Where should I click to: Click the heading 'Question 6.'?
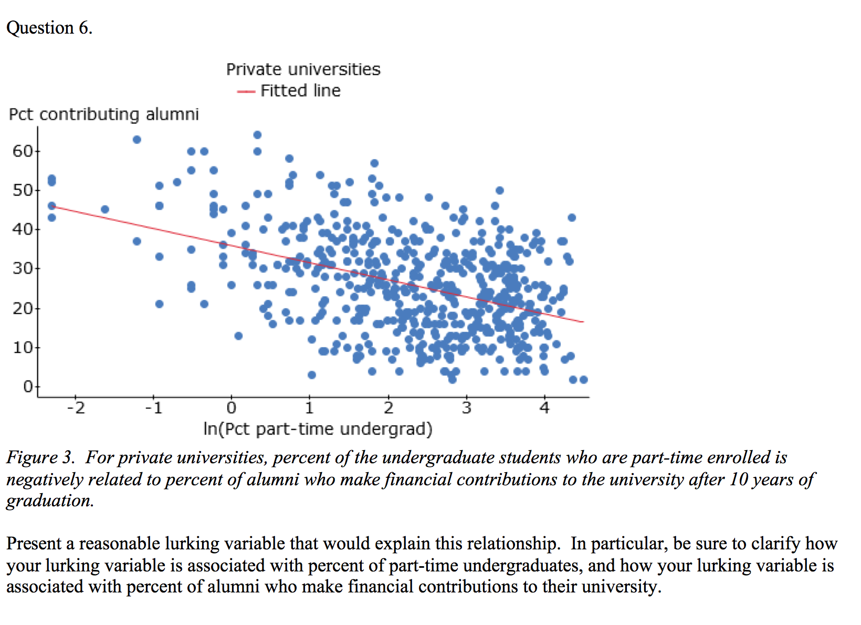tap(49, 28)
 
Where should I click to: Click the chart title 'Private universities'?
tap(303, 69)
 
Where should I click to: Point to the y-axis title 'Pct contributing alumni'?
tap(104, 114)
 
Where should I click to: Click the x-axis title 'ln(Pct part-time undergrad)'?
tap(318, 429)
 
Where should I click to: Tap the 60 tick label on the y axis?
tap(23, 151)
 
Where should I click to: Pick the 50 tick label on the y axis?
tap(23, 190)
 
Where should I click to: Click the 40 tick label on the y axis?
tap(23, 230)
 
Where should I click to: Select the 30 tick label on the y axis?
tap(23, 268)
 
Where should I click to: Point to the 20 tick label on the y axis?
tap(23, 308)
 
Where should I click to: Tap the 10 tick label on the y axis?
tap(23, 347)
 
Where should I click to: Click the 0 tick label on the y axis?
tap(28, 387)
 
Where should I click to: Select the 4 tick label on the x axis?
tap(544, 408)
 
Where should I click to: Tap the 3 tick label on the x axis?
tap(466, 408)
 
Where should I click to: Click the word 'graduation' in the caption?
tap(48, 501)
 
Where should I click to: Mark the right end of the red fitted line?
tap(583, 321)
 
